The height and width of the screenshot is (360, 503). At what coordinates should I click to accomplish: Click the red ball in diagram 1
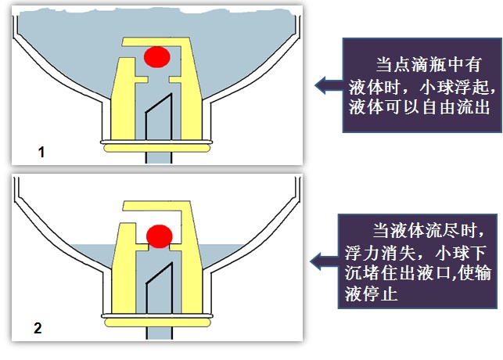click(156, 56)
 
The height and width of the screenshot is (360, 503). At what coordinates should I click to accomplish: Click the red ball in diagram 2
click(160, 235)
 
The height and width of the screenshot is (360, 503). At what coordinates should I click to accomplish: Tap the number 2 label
click(38, 328)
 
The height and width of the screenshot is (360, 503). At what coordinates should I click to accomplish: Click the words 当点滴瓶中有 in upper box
click(425, 63)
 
